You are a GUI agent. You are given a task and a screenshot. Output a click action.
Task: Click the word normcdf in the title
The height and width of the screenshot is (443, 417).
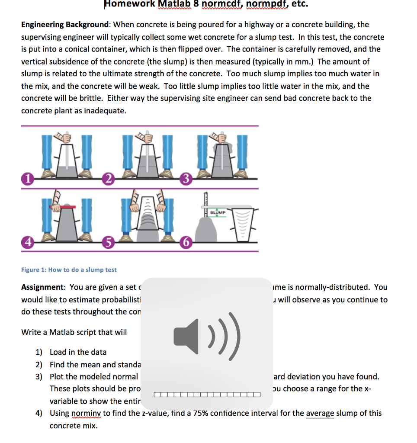point(219,4)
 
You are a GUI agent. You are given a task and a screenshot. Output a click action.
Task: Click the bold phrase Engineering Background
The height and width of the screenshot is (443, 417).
point(65,25)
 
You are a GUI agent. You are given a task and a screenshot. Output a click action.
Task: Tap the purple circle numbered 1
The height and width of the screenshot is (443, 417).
point(28,177)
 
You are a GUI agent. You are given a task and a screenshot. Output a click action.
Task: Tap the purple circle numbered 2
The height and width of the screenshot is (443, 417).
point(109,177)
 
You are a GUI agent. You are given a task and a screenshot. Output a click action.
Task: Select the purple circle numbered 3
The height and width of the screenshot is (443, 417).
point(185,178)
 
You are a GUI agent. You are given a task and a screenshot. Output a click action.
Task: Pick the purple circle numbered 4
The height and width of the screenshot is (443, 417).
point(28,241)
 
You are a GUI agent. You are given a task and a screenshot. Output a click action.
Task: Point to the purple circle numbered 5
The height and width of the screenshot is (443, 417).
point(109,241)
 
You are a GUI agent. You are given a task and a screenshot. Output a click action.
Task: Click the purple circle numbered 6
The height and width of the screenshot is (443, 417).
point(185,241)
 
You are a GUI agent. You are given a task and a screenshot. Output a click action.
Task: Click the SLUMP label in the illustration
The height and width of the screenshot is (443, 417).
point(218,213)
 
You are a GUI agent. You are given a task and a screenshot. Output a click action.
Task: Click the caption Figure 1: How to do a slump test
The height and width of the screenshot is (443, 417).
point(69,270)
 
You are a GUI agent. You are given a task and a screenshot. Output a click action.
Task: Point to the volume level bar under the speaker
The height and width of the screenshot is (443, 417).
point(207,394)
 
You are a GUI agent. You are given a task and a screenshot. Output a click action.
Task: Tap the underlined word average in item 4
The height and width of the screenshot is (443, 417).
point(320,413)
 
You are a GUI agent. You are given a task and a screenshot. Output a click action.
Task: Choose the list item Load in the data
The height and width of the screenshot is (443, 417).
point(78,352)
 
